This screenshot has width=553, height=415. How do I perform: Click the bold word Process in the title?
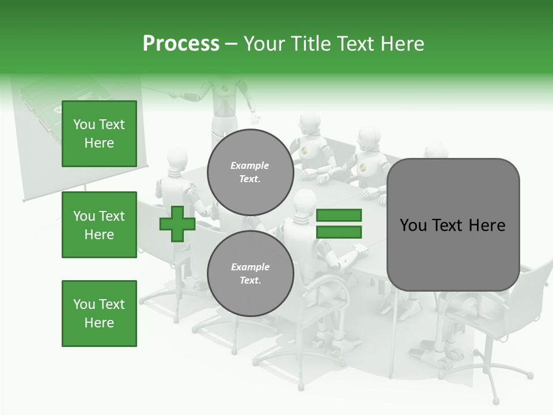pyautogui.click(x=181, y=44)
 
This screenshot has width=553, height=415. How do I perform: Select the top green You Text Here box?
pyautogui.click(x=99, y=134)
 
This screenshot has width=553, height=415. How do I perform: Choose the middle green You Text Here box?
pyautogui.click(x=99, y=225)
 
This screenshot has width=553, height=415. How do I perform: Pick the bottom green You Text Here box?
pyautogui.click(x=99, y=313)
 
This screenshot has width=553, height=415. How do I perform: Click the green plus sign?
pyautogui.click(x=177, y=224)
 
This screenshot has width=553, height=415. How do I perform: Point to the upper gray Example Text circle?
pyautogui.click(x=250, y=172)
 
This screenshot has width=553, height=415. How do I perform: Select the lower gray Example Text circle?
pyautogui.click(x=250, y=273)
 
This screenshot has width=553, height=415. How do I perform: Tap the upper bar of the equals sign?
pyautogui.click(x=339, y=215)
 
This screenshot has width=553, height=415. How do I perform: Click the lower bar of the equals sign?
pyautogui.click(x=339, y=232)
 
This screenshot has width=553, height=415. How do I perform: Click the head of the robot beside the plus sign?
pyautogui.click(x=176, y=158)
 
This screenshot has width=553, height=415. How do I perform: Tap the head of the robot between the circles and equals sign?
pyautogui.click(x=303, y=202)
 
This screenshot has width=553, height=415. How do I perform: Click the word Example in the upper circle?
pyautogui.click(x=249, y=165)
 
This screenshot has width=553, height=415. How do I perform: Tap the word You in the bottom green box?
pyautogui.click(x=84, y=304)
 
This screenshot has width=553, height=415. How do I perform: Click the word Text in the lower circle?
pyautogui.click(x=249, y=281)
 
